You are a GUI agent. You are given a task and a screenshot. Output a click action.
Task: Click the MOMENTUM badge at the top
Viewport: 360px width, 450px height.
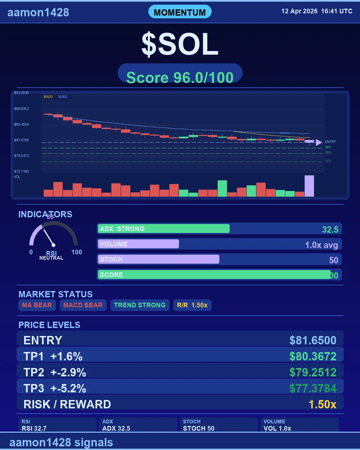tap(180, 12)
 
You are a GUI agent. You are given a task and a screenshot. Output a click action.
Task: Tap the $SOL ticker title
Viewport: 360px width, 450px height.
tap(180, 44)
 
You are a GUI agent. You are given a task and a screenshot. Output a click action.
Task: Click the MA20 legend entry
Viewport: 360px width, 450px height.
tap(48, 97)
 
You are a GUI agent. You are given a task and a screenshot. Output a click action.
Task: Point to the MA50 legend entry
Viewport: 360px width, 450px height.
tap(63, 97)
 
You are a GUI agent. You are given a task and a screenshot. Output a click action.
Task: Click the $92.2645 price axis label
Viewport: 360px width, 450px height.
tap(21, 93)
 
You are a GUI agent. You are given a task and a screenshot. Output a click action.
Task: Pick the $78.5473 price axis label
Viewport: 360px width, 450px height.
tap(21, 156)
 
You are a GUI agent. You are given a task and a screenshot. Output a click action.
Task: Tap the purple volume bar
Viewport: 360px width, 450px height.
tap(309, 186)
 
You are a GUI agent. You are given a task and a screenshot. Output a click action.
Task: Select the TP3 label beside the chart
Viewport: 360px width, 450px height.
tap(328, 161)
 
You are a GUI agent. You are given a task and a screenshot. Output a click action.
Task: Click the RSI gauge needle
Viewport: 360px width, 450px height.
tap(49, 237)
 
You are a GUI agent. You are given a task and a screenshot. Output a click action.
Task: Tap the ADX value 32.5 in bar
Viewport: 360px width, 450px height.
tap(330, 230)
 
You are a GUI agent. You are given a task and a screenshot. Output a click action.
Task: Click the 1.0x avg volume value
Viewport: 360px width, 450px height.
tap(321, 245)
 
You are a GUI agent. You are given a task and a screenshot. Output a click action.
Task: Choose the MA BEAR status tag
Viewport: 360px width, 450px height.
tap(37, 305)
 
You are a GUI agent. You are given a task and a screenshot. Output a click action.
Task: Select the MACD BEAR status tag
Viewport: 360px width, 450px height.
tap(83, 305)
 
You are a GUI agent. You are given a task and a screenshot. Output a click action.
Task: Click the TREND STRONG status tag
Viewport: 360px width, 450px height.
tap(140, 305)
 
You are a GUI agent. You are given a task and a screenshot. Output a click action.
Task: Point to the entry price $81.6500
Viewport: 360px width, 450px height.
tap(313, 340)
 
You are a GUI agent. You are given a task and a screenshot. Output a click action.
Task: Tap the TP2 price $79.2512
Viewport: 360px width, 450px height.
tap(313, 372)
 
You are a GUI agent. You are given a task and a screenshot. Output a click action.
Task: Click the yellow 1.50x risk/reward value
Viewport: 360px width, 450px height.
tap(322, 404)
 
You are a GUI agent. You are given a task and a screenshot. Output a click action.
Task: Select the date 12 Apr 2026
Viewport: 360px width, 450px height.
tap(299, 11)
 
